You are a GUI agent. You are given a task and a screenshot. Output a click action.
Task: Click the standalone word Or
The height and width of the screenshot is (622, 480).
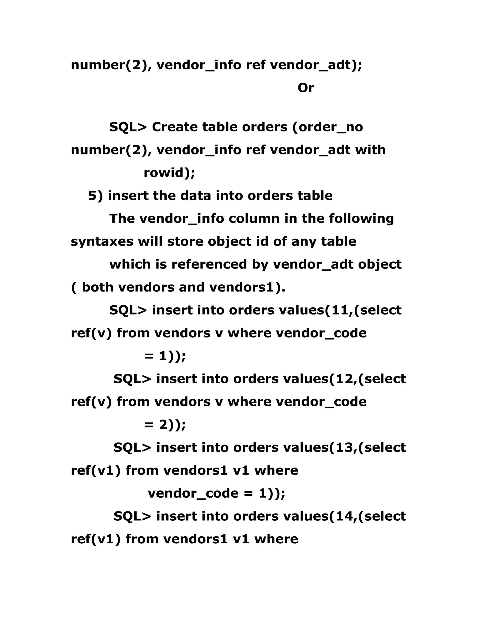(306, 88)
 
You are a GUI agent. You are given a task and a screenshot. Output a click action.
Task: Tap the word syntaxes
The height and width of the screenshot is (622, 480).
(102, 242)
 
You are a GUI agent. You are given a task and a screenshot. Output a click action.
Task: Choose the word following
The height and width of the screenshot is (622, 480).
(361, 219)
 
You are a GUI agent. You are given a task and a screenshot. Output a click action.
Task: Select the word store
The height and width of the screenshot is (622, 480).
(185, 242)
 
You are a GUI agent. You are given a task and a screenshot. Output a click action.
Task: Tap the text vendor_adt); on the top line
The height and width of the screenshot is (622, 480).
(316, 65)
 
